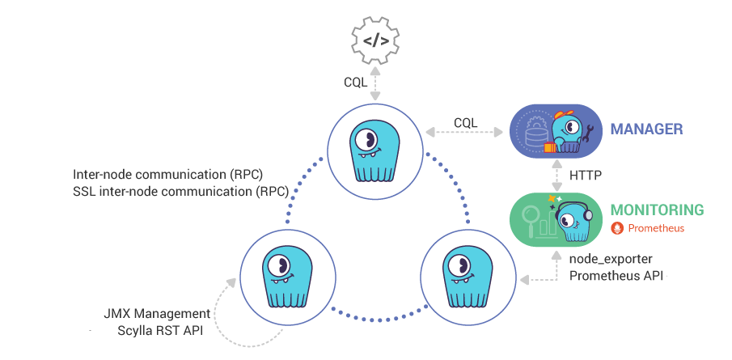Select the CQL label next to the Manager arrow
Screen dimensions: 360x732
[465, 122]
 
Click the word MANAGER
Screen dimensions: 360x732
[646, 129]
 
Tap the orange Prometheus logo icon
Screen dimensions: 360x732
[617, 228]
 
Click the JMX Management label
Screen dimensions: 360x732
[157, 314]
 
